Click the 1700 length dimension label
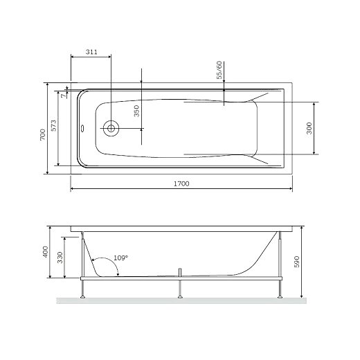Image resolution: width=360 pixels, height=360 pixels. pos(181,183)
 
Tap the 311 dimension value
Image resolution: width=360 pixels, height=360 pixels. pos(91,52)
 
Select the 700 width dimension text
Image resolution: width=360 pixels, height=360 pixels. pos(43,134)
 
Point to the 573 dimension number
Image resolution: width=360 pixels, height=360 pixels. pos(53,125)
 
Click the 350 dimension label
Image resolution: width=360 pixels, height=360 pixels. pos(136,111)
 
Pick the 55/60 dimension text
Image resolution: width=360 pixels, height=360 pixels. pos(219,70)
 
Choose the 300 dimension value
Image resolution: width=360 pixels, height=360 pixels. pos(309,128)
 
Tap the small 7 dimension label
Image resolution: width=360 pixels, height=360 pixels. pos(63,96)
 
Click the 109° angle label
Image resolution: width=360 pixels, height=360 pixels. pos(120,258)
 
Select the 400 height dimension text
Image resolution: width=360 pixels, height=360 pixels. pos(45,252)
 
